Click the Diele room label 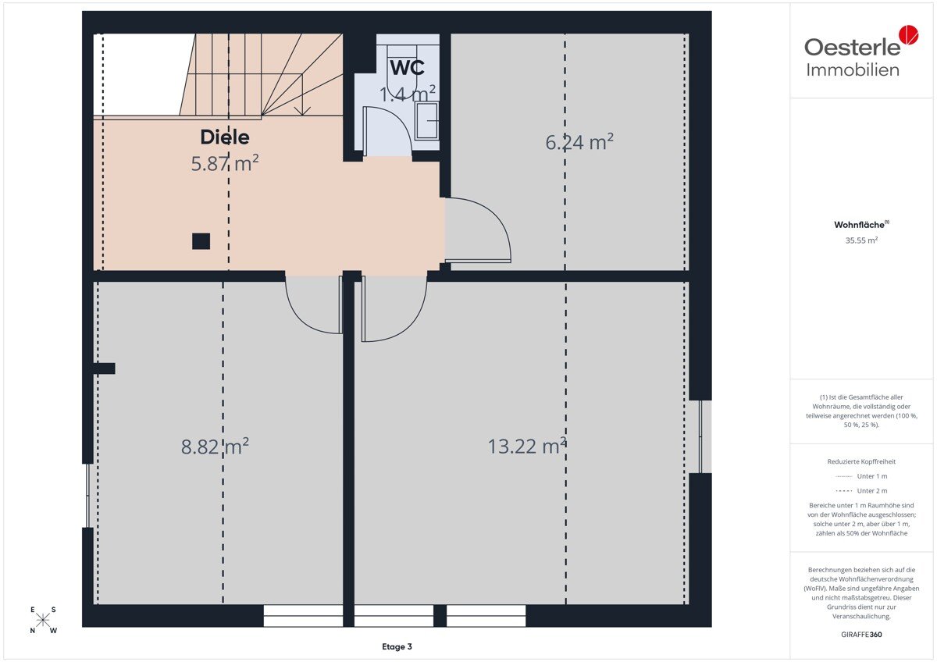tap(225, 137)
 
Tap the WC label tap(407, 68)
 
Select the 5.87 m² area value tap(225, 163)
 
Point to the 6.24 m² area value tap(579, 142)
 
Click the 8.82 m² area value tap(215, 447)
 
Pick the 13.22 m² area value tap(527, 446)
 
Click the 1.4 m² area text tap(407, 94)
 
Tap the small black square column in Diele tap(201, 241)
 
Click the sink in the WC tap(426, 120)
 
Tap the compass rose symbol tap(43, 619)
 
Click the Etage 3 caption tap(397, 646)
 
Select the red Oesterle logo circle tap(909, 34)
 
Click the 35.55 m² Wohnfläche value tap(861, 240)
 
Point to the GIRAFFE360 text tap(861, 635)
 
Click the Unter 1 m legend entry tap(861, 476)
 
